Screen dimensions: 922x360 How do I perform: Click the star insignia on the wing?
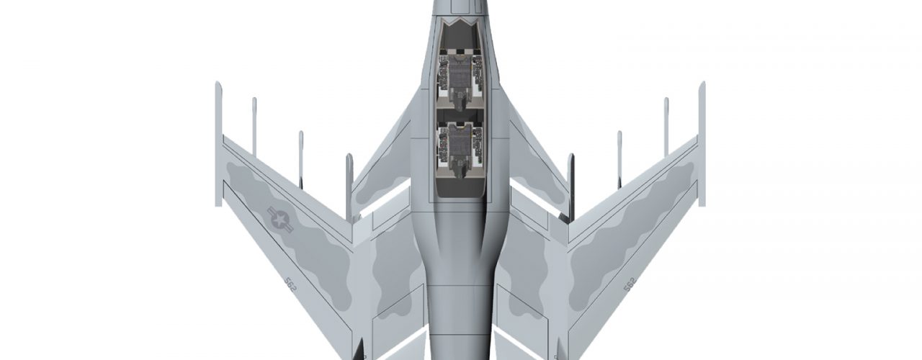(280, 220)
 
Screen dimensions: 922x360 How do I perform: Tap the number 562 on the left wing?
(290, 284)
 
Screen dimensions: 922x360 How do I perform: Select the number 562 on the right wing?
(630, 284)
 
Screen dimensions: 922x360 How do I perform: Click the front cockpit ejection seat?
(460, 82)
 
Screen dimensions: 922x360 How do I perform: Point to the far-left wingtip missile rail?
(218, 144)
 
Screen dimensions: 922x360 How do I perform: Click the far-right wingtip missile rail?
(702, 144)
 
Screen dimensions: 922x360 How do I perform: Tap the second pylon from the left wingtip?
(254, 127)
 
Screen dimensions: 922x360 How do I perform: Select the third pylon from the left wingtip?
(301, 160)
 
